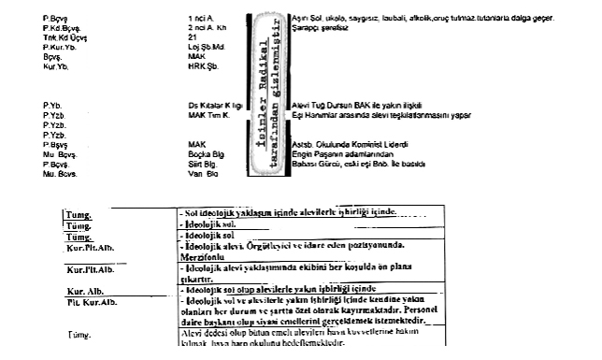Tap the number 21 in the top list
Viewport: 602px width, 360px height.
point(193,37)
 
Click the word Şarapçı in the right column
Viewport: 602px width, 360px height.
point(308,27)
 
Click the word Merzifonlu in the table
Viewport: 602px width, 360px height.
point(208,253)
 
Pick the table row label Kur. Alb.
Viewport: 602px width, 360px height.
point(83,290)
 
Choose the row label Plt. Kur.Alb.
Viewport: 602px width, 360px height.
point(92,302)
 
